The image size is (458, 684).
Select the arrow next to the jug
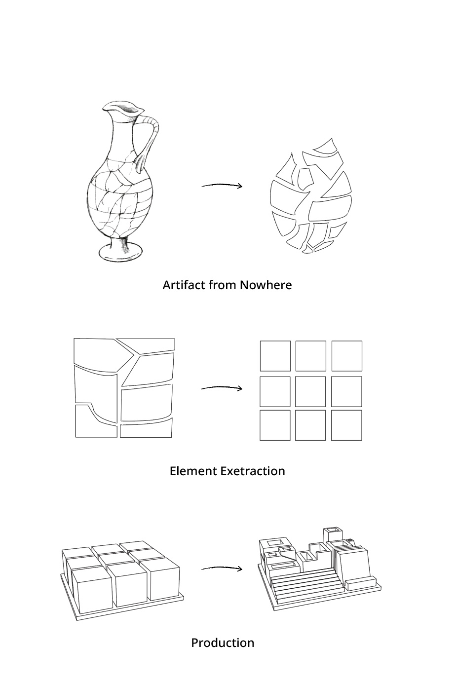pos(222,186)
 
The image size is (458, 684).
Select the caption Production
pos(223,643)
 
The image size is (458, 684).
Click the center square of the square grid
pos(311,391)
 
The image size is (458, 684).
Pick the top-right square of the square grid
pos(346,356)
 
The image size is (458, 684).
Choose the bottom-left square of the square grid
pos(275,425)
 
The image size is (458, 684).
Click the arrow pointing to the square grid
pos(222,388)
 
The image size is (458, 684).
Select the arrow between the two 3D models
pos(222,569)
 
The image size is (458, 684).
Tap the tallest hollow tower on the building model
pos(333,535)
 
